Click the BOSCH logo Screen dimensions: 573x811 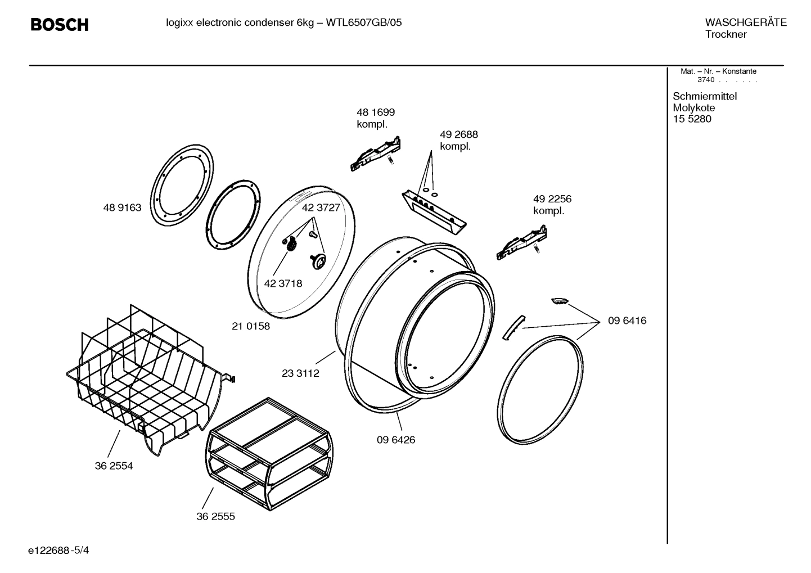59,25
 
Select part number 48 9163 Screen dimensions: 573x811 122,207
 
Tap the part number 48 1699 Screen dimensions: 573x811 376,112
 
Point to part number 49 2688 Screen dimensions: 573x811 458,135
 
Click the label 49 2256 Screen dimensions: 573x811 552,199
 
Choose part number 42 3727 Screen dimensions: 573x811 321,207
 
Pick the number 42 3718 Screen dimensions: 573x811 283,283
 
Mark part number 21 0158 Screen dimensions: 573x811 251,326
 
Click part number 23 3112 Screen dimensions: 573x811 300,373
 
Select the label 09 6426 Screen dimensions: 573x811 396,440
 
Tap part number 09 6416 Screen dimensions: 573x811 627,321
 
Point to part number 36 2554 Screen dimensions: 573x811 114,466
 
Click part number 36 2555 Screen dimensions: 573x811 215,516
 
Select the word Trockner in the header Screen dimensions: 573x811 726,35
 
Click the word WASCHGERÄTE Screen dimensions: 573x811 746,22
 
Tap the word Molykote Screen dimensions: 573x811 694,108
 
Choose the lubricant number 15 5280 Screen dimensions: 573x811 692,119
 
